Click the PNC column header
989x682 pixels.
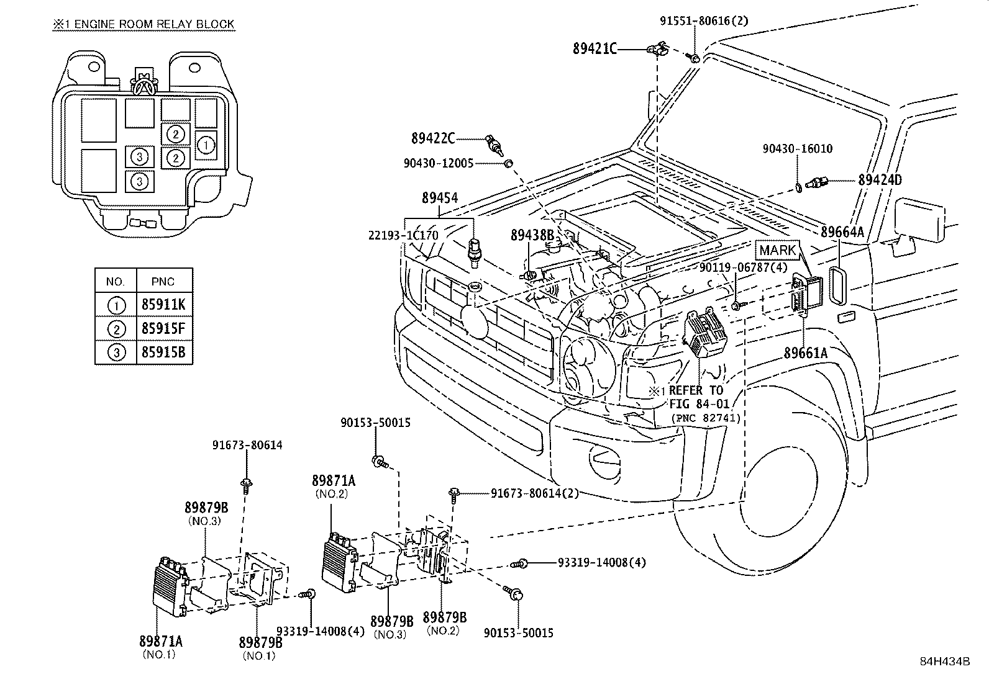pyautogui.click(x=163, y=281)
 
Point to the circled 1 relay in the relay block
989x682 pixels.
pyautogui.click(x=206, y=145)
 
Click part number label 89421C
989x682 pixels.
pyautogui.click(x=595, y=48)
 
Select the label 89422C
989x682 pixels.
pyautogui.click(x=433, y=138)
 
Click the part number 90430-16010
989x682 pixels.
pyautogui.click(x=798, y=149)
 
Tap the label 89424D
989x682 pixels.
pyautogui.click(x=880, y=181)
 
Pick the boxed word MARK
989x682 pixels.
pyautogui.click(x=777, y=251)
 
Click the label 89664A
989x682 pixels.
pyautogui.click(x=842, y=232)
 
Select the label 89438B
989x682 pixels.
pyautogui.click(x=532, y=235)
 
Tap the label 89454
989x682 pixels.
pyautogui.click(x=439, y=199)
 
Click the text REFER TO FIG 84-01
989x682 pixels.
pyautogui.click(x=696, y=397)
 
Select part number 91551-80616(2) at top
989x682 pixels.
pyautogui.click(x=703, y=21)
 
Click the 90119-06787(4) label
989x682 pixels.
pyautogui.click(x=743, y=267)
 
